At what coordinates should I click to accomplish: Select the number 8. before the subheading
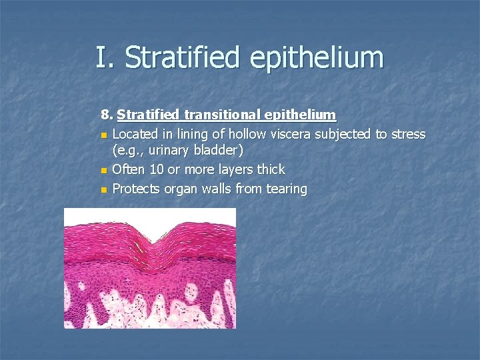pyautogui.click(x=107, y=115)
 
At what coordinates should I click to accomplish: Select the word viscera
pyautogui.click(x=290, y=134)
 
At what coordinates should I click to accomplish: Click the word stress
pyautogui.click(x=408, y=134)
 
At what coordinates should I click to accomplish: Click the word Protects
pyautogui.click(x=138, y=189)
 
